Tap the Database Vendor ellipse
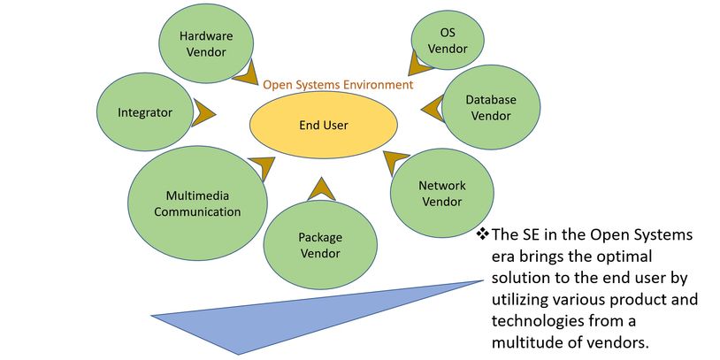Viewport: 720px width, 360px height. click(x=491, y=107)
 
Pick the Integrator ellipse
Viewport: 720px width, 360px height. click(x=144, y=112)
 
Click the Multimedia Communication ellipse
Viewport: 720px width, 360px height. click(x=197, y=204)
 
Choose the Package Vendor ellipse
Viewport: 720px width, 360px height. click(x=319, y=245)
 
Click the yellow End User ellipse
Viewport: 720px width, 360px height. click(x=323, y=125)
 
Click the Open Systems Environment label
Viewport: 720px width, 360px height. click(x=337, y=85)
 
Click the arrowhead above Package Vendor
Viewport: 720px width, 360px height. click(x=320, y=188)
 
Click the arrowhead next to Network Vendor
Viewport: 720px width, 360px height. click(x=394, y=165)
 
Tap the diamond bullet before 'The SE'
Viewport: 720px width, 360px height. click(x=482, y=234)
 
